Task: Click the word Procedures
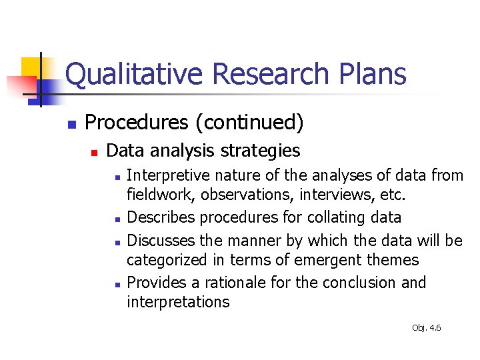(x=137, y=123)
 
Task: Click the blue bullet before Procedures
(x=72, y=124)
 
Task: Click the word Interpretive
(x=165, y=176)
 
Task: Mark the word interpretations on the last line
(x=178, y=302)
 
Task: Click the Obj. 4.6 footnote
(x=427, y=328)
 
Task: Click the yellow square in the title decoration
(x=32, y=69)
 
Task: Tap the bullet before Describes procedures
(x=117, y=219)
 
